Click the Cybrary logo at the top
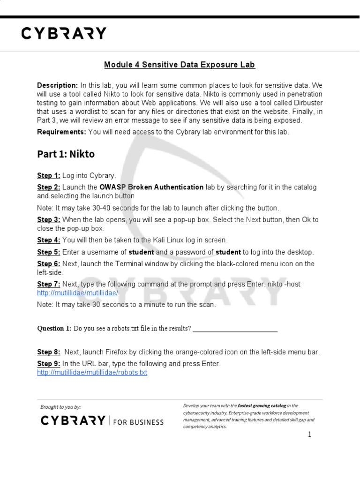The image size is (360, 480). point(64,33)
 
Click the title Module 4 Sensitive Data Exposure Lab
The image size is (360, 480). point(180,65)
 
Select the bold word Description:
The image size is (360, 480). point(58,85)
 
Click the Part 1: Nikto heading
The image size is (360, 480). point(66,154)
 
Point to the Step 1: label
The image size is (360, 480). point(49,176)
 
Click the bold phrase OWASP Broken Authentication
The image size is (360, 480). point(151,187)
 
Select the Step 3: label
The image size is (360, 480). point(49,220)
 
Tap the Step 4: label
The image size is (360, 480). point(49,240)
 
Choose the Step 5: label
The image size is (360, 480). point(49,252)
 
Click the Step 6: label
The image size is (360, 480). point(49,264)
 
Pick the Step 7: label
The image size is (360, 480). point(49,285)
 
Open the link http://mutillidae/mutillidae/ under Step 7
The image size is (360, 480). point(77,293)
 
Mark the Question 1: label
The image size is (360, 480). point(54,329)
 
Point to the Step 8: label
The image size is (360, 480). point(49,352)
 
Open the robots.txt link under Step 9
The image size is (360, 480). point(92,373)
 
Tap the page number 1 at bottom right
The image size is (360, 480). point(309,435)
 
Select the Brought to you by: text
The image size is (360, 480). point(60,407)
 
